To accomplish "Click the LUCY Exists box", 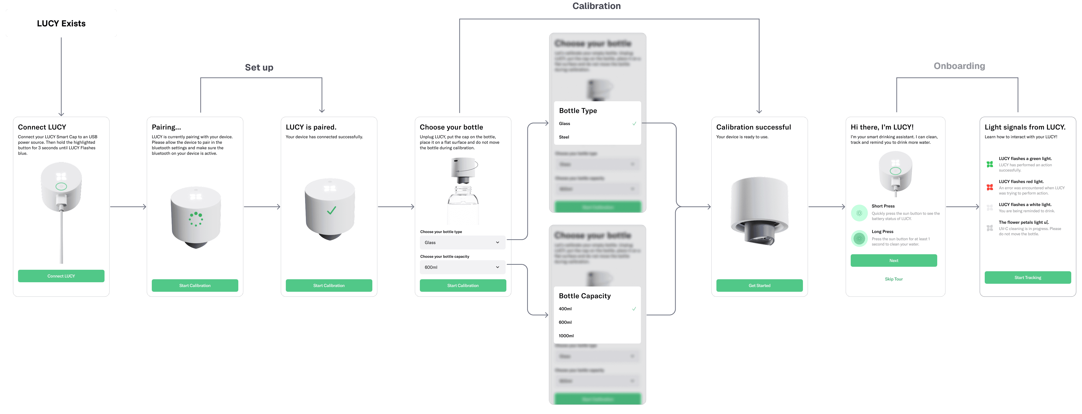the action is point(61,23).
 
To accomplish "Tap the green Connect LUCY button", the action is point(61,276).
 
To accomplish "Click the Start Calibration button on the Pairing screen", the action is point(195,285).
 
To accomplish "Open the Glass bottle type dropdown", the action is point(462,243).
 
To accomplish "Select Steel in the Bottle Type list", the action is point(564,137).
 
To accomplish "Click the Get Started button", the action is point(759,285).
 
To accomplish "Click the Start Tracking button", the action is point(1028,277).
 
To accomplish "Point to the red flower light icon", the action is point(989,187).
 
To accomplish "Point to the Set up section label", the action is point(259,67).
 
